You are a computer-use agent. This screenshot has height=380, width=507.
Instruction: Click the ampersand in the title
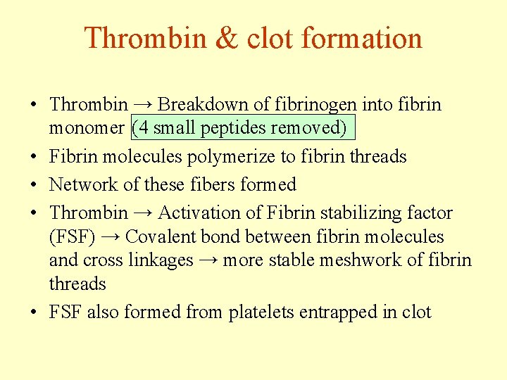[227, 39]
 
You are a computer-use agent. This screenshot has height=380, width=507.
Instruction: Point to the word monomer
[87, 129]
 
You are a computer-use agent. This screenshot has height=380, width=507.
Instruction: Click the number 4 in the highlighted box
[139, 129]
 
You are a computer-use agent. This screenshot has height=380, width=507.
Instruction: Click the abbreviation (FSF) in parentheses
[72, 236]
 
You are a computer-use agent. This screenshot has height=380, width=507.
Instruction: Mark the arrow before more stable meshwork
[207, 260]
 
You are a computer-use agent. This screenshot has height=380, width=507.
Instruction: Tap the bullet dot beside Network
[34, 185]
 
